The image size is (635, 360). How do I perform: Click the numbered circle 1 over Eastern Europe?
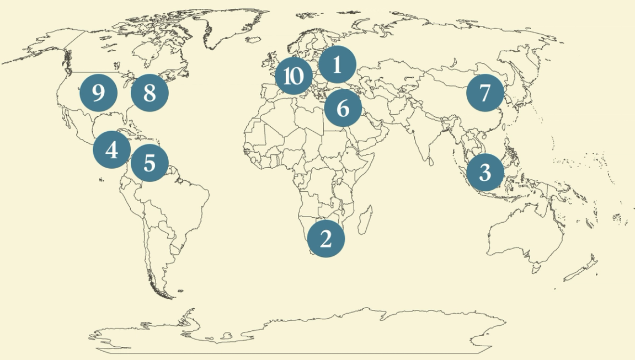(337, 65)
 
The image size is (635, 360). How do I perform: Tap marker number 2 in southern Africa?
(325, 239)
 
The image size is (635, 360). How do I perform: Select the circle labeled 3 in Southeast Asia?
(485, 173)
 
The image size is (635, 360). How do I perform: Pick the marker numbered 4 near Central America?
(111, 149)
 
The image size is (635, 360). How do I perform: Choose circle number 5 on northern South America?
(149, 163)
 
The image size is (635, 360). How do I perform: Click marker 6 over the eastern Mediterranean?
(343, 108)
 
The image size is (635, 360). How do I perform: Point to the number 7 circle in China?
(485, 93)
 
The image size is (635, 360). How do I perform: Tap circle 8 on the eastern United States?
(150, 93)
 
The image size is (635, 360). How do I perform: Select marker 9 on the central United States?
(98, 93)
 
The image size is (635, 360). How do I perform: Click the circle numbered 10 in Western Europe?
(294, 76)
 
